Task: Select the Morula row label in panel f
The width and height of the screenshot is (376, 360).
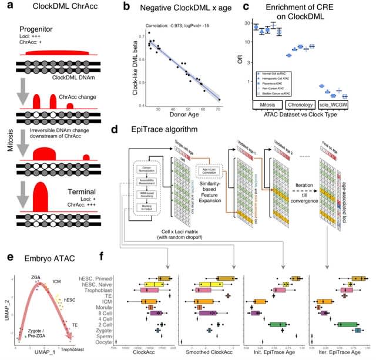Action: point(101,307)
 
